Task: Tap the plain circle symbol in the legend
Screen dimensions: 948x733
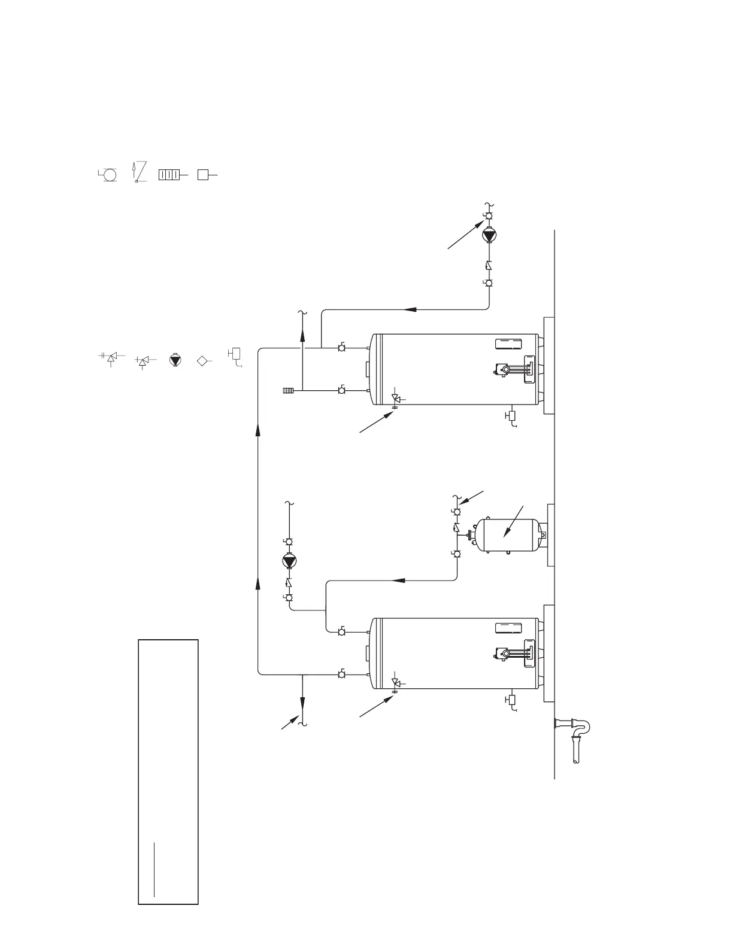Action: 110,175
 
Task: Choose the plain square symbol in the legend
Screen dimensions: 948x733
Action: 204,175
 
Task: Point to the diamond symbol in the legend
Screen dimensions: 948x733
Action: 202,360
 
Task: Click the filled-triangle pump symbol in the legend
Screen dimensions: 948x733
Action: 175,360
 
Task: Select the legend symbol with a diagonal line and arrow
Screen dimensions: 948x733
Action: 138,172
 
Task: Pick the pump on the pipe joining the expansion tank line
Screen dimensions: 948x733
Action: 289,561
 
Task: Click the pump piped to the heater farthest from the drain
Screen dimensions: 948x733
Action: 489,235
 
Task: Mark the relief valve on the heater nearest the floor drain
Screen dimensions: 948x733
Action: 395,683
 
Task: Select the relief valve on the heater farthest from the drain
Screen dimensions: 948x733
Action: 395,399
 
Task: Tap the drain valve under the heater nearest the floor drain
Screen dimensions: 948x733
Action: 511,701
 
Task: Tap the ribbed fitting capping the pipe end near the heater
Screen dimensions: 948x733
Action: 288,391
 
